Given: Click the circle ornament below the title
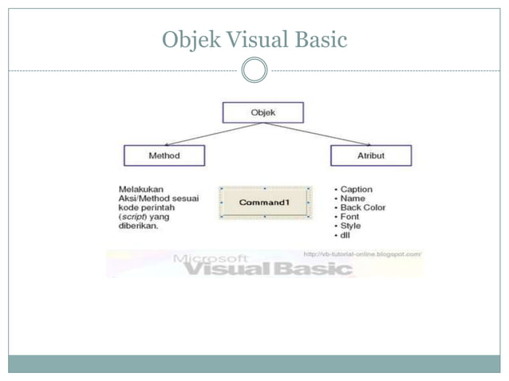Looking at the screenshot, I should coord(254,70).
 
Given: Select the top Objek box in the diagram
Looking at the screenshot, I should coord(262,112).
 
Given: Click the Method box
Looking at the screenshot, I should coord(164,155).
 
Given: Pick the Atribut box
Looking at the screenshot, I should coord(371,155).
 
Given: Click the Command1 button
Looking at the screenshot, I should coord(263,202).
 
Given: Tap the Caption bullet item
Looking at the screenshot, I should coord(356,189).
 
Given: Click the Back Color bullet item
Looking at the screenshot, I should coord(362,208).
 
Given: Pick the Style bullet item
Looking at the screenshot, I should coord(350,226).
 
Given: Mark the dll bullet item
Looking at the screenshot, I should coord(345,236).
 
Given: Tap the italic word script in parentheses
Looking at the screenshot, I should coord(133,217).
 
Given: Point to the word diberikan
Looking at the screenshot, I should coord(139,226).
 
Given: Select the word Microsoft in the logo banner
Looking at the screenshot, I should coord(211,257).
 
